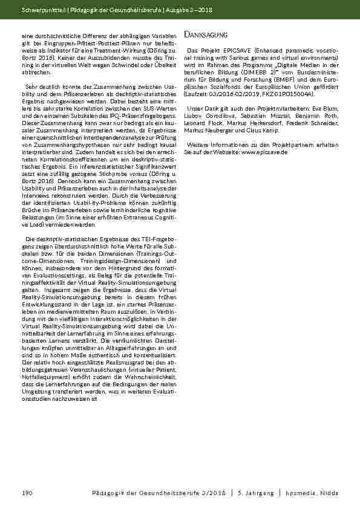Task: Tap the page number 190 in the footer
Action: coord(26,493)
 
